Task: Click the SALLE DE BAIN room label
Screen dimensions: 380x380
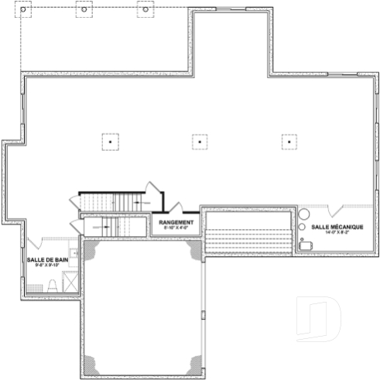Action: pos(44,259)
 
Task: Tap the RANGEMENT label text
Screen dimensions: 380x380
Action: pos(176,222)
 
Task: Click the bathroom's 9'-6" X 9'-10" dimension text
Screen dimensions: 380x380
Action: pos(44,265)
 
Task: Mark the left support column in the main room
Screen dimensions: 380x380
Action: pos(110,142)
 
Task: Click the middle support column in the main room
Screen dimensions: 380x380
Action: pos(200,142)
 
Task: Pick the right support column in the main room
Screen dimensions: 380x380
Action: pos(289,142)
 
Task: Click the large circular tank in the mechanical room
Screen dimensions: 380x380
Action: pos(304,214)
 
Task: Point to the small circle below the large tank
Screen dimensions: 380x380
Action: pos(302,228)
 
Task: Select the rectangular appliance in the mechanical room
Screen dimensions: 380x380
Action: pos(305,245)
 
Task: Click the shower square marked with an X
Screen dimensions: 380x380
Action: pos(70,284)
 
